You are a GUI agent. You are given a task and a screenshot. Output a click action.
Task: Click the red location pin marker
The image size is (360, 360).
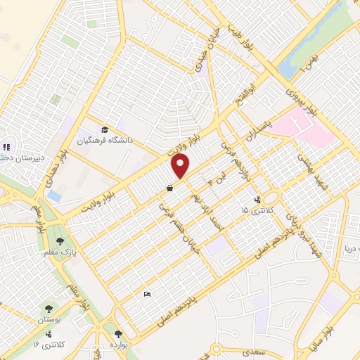coord(181,166)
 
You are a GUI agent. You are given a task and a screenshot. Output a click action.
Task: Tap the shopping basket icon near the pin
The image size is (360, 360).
coord(169,188)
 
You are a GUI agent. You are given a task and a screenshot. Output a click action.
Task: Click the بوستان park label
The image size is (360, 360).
coord(49,319)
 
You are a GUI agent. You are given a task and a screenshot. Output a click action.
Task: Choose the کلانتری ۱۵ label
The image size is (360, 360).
coord(254,210)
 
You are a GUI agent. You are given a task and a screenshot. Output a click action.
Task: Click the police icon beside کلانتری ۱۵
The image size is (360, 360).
coord(257,199)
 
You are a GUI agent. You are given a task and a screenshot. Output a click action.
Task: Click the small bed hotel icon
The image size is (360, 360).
coord(146,293)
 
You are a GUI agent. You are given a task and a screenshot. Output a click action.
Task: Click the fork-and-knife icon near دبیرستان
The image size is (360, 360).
coord(5,148)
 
